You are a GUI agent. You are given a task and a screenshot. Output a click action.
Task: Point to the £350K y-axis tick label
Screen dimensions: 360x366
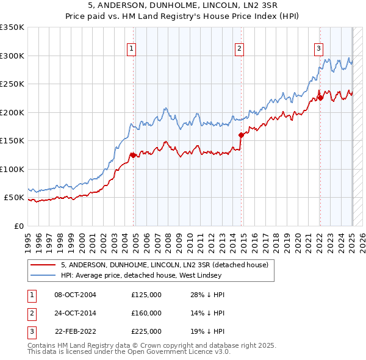(12, 27)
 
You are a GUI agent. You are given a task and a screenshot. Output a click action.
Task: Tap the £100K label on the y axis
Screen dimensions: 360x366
(12, 169)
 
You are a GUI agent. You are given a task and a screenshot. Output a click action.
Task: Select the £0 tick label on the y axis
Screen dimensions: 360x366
(18, 226)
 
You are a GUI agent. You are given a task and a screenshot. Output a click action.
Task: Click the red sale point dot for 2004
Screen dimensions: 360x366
(133, 155)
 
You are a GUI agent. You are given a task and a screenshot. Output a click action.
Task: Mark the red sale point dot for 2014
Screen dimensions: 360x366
(242, 135)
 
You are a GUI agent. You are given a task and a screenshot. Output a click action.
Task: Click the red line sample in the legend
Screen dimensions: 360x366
(44, 265)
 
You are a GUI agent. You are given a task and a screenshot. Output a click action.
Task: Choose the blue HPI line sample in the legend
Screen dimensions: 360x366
(44, 275)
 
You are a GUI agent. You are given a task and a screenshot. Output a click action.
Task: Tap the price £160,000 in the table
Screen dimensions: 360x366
(146, 313)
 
